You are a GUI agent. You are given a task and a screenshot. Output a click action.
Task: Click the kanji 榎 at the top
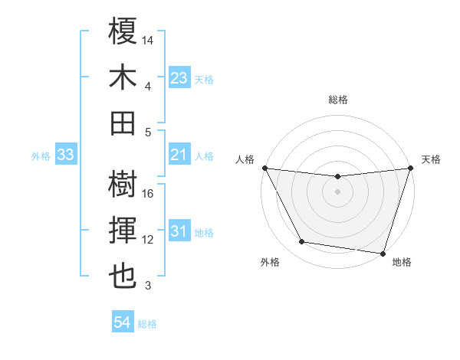tap(123, 31)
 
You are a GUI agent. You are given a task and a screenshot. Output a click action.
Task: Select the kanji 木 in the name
tap(123, 77)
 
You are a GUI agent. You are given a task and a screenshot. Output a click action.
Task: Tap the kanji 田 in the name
tap(123, 123)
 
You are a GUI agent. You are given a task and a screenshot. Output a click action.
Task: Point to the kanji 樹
tap(123, 185)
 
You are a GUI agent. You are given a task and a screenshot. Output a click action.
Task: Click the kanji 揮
tap(123, 231)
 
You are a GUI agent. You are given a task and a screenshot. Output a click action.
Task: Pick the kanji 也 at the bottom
tap(123, 277)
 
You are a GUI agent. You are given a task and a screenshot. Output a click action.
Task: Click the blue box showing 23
tap(179, 78)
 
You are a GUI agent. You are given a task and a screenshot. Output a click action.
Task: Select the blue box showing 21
tap(179, 155)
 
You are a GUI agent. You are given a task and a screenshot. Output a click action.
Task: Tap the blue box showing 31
tap(179, 232)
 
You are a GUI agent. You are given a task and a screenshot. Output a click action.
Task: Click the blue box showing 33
tap(65, 155)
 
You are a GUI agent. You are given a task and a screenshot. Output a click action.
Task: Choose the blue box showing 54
tap(122, 323)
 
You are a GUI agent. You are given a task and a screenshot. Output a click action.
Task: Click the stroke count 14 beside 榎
tap(148, 39)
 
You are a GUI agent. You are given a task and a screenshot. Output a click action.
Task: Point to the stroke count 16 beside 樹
tap(148, 194)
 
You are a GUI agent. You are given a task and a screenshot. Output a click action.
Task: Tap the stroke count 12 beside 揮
tap(148, 240)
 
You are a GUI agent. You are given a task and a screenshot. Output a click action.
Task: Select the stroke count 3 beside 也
tap(148, 286)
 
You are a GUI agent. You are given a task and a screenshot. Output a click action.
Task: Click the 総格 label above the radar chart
tap(337, 100)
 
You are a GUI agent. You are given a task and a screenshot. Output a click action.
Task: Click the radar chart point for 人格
tap(264, 168)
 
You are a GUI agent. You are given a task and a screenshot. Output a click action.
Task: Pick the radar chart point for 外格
tap(302, 242)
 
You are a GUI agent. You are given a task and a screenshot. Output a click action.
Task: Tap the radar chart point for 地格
tap(383, 253)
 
